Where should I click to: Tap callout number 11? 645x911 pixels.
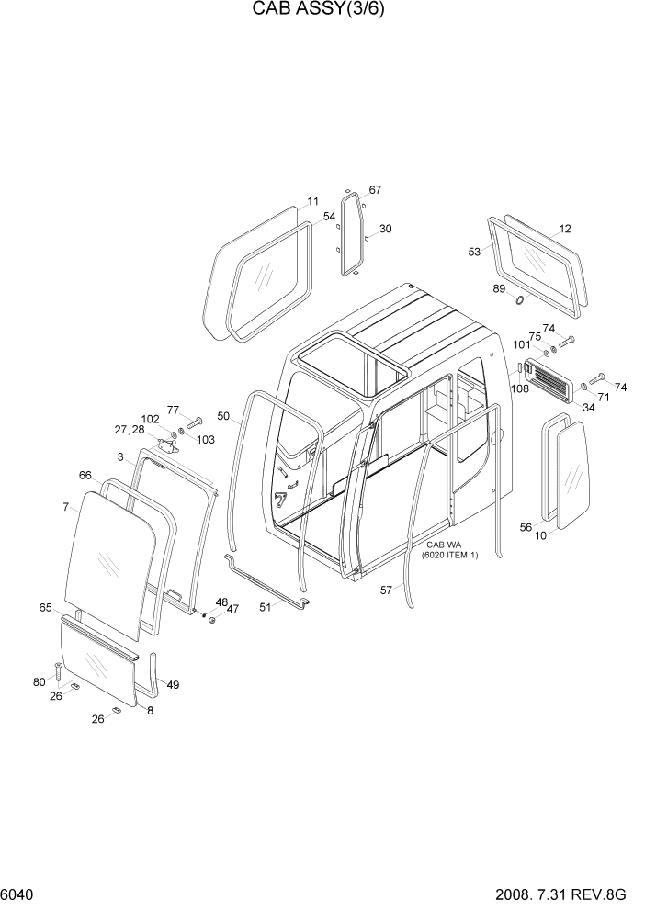coord(313,201)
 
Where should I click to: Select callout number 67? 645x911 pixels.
coord(375,190)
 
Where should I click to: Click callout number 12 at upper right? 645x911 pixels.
coord(565,229)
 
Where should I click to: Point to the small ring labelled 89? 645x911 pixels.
coord(520,300)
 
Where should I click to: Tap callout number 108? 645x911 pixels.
coord(519,388)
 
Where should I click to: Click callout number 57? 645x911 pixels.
coord(387,590)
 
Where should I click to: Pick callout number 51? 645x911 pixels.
coord(264,606)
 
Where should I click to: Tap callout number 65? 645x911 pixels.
coord(45,608)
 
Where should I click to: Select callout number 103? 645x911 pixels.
coord(205,440)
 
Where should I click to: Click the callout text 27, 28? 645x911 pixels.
coord(130,429)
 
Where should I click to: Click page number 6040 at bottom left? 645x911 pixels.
coord(18,893)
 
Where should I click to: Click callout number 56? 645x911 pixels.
coord(526,527)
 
